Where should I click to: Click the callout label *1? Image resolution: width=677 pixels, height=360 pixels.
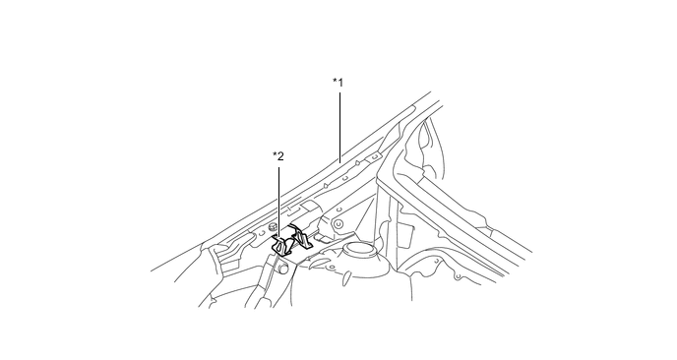tap(338, 83)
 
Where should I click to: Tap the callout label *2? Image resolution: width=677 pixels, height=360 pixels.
tap(278, 156)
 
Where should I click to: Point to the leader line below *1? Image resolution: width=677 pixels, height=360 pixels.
tap(339, 124)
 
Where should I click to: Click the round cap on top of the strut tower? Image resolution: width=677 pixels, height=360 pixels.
tap(360, 250)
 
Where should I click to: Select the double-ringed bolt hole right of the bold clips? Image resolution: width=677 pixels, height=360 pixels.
tap(338, 224)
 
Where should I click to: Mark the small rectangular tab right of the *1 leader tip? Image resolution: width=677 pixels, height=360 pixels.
tap(375, 155)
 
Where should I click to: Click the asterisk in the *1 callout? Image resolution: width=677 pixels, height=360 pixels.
tap(334, 82)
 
